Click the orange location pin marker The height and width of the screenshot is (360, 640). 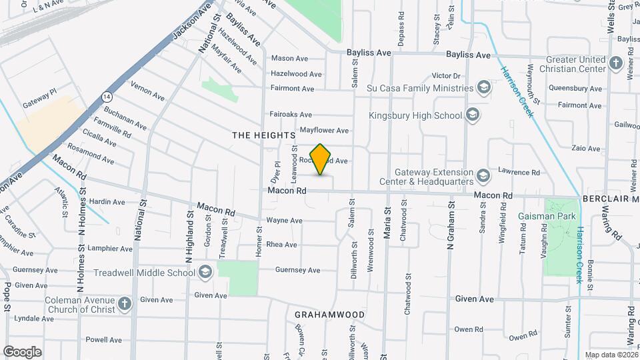coord(321,159)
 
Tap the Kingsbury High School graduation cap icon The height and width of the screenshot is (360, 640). coord(473,115)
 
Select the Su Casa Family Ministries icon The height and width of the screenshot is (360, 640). coord(483,88)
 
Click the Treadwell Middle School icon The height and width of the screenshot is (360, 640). coord(205,272)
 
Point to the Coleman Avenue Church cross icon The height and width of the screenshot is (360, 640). coord(125,305)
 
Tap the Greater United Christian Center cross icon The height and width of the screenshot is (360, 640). coord(616,64)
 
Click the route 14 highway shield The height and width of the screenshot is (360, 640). coord(107,97)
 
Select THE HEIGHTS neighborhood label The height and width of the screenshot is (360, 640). coord(263,135)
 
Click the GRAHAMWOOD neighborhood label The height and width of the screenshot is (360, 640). coord(329,314)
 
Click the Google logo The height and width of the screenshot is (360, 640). coord(22,351)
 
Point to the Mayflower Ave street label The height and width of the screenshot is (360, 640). coord(324,131)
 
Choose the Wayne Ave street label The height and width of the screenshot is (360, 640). coord(284,221)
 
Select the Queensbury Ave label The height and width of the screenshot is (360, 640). coord(575,88)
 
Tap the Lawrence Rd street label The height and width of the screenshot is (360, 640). coord(518,172)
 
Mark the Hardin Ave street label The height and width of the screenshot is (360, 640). coord(107,202)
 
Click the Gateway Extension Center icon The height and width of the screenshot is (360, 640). coord(483,176)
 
